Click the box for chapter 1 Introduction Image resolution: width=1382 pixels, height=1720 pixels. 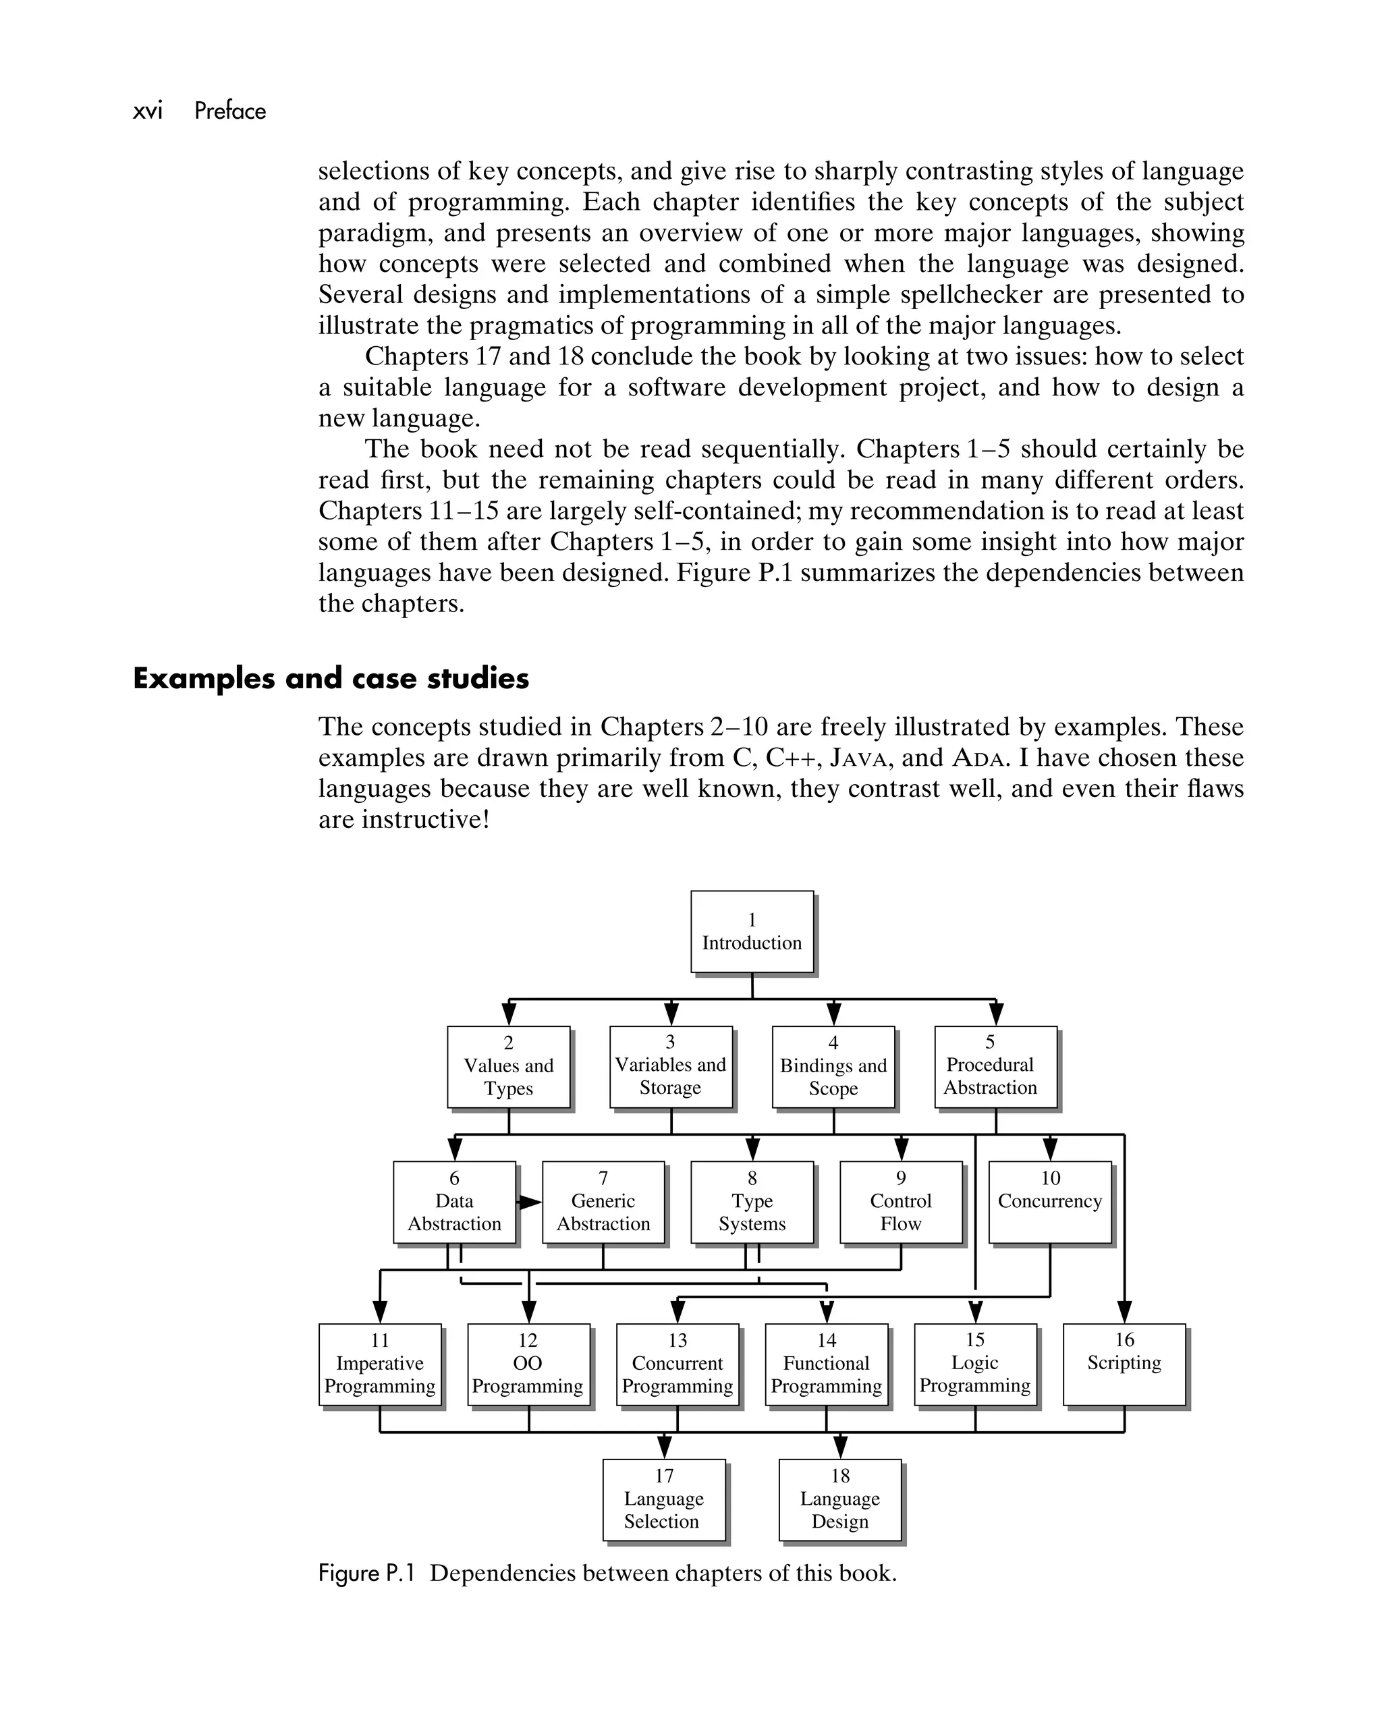(x=752, y=931)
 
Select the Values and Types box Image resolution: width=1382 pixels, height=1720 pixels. (x=508, y=1066)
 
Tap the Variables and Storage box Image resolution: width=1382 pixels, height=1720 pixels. (x=670, y=1066)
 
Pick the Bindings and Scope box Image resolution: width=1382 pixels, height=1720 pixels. (x=833, y=1066)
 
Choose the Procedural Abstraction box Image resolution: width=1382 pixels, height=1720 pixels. (x=995, y=1066)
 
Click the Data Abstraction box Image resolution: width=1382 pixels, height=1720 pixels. (x=454, y=1202)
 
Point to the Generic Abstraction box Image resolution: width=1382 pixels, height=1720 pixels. (x=603, y=1202)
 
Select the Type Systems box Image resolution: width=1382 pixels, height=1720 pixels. (x=752, y=1202)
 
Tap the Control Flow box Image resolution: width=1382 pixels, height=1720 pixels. (x=901, y=1202)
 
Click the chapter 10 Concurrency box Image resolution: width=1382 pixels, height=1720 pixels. (x=1049, y=1202)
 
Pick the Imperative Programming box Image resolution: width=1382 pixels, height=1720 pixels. (x=380, y=1364)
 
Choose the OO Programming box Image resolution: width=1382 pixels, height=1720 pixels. (x=528, y=1364)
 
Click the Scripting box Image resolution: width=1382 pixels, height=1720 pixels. (x=1124, y=1364)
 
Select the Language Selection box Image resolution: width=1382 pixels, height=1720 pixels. (x=664, y=1500)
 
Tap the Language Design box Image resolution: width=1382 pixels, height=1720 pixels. (x=839, y=1500)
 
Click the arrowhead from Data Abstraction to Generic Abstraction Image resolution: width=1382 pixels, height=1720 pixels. (x=530, y=1202)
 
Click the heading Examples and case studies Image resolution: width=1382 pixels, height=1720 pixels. (x=331, y=679)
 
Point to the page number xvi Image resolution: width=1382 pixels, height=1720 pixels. (x=148, y=111)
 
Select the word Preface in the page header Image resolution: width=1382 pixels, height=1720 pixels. (x=230, y=111)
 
